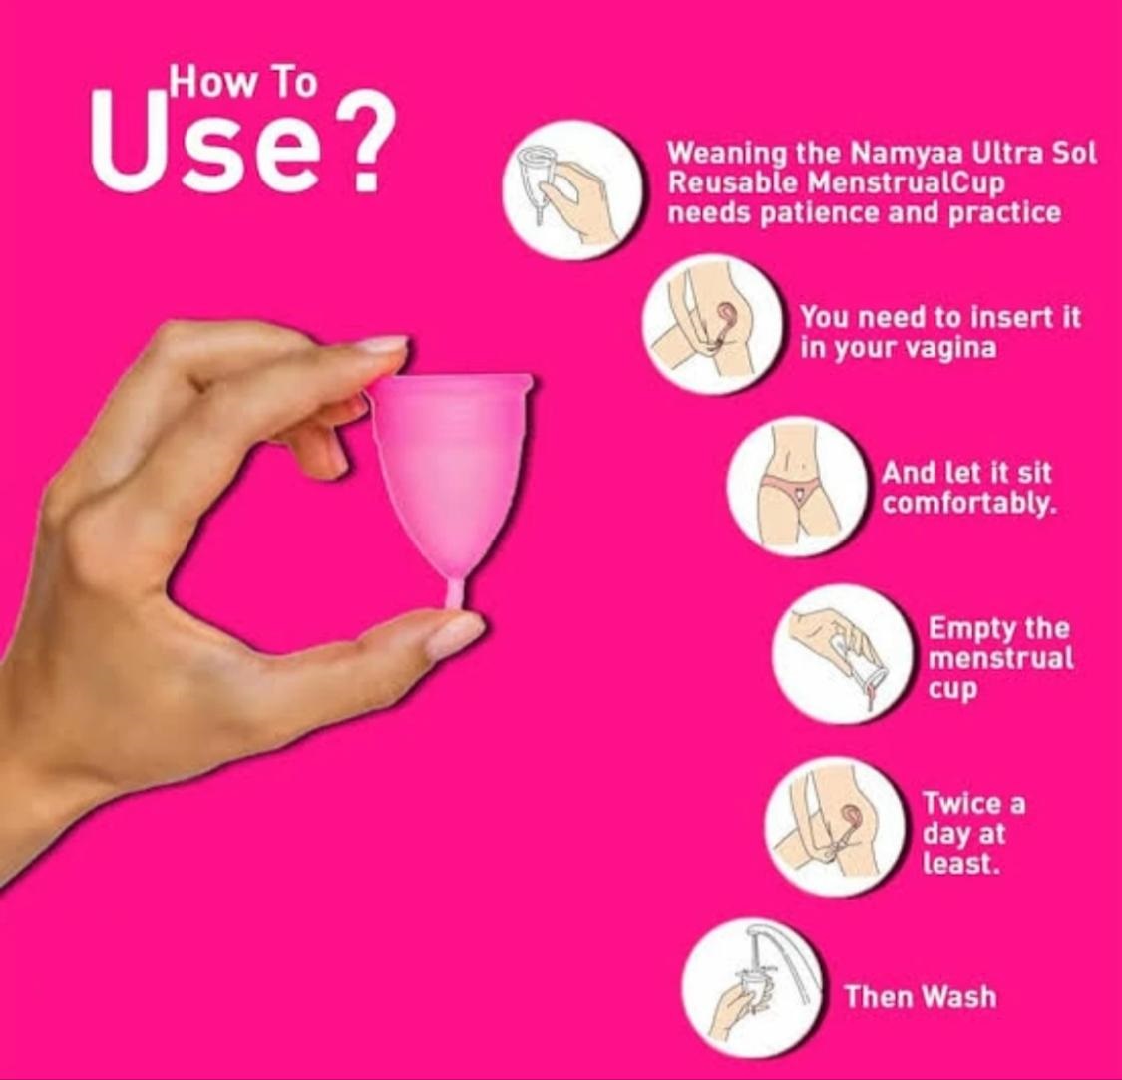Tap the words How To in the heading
coord(242,81)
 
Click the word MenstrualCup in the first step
coord(906,182)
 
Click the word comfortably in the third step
coord(968,504)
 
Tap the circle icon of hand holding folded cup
coord(571,189)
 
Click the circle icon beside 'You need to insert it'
coord(711,324)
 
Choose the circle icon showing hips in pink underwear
coord(797,487)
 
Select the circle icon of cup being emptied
coord(842,654)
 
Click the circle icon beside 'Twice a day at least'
coord(835,827)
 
